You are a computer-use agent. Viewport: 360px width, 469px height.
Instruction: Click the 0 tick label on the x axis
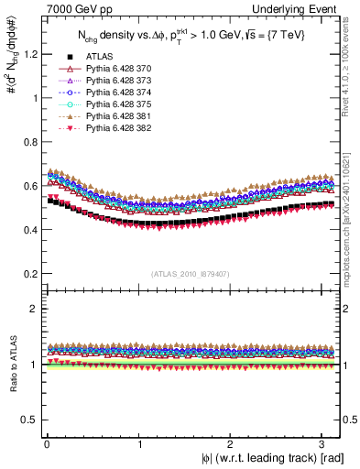(47, 443)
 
